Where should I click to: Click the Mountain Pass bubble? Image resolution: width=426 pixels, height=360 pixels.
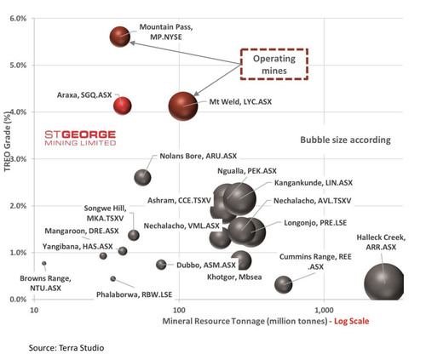pos(120,37)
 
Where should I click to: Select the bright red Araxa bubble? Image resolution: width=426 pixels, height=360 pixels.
pos(123,106)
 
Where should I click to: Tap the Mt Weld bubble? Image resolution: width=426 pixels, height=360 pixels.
pos(183,106)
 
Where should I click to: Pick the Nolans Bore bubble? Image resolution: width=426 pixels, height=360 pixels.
pos(142,178)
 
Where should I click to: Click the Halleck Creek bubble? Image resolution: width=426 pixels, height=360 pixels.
pos(384,283)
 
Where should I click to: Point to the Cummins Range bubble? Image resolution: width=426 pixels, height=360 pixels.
pos(284,284)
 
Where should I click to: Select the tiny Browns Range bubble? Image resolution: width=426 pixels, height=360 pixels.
pos(44,263)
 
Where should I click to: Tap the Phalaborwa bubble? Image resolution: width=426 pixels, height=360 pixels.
pos(113,279)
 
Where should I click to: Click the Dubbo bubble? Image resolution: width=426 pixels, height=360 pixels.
pos(161,265)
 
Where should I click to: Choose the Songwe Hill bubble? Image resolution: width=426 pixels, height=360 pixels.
pos(134,235)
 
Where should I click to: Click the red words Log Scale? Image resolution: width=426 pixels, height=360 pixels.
pos(352,322)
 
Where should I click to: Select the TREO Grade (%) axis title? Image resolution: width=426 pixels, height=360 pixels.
pos(8,141)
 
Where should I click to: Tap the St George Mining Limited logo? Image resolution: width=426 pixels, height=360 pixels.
pos(80,138)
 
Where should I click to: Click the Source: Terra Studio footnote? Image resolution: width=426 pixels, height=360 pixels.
pos(66,348)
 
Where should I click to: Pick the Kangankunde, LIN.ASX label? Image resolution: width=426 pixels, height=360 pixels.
pos(314,183)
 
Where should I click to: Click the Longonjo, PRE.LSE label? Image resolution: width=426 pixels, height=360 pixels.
pos(315,223)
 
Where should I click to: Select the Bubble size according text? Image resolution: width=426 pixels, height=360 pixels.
pos(346,140)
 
